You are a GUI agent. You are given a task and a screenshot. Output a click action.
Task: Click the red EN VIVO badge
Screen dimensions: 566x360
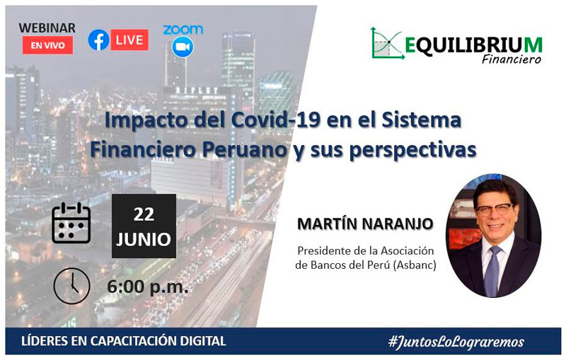pos(47,45)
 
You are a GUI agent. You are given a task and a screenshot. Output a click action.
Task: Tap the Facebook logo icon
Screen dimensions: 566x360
pos(98,40)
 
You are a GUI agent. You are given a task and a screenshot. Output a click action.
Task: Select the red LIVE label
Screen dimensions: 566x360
pos(129,40)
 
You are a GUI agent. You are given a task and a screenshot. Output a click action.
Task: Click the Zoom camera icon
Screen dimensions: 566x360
pos(183,47)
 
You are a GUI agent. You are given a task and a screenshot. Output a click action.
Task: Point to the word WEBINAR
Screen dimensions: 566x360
pos(47,28)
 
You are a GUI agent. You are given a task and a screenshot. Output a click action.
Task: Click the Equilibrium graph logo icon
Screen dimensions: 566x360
pos(386,44)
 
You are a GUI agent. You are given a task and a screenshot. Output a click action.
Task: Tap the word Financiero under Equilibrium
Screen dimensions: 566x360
pos(512,59)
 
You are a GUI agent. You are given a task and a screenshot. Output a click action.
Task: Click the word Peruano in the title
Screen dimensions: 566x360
pos(244,150)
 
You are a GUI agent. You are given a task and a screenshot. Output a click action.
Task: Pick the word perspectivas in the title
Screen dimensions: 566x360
pos(413,151)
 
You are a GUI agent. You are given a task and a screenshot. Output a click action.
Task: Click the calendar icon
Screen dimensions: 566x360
pos(71,223)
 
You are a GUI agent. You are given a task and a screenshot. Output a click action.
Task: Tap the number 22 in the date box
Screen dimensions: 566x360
pos(144,214)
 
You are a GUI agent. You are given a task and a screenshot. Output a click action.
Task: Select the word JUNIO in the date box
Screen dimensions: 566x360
pos(144,239)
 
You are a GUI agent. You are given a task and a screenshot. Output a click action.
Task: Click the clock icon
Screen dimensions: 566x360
pos(71,286)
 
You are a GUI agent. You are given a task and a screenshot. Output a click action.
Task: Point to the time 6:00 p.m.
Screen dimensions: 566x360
pos(148,287)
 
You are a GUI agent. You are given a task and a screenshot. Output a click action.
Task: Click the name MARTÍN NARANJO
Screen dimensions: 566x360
pos(365,223)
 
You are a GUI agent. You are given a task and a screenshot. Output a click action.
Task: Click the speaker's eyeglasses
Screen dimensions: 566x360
pos(495,209)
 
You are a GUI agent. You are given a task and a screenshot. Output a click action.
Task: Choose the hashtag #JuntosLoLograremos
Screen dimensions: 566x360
pos(456,341)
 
